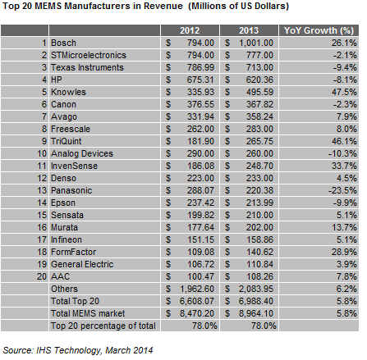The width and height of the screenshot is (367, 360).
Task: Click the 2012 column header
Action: pyautogui.click(x=190, y=30)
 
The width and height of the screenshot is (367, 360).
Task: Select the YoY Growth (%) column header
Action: pyautogui.click(x=319, y=30)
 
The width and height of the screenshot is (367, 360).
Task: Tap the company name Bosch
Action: pyautogui.click(x=63, y=43)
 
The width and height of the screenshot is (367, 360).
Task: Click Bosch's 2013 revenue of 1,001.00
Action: pyautogui.click(x=256, y=43)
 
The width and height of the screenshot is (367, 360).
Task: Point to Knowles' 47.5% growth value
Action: pyautogui.click(x=344, y=92)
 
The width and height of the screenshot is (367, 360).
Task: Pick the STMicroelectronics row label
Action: pyautogui.click(x=89, y=55)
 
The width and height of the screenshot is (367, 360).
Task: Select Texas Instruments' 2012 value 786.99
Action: pyautogui.click(x=200, y=67)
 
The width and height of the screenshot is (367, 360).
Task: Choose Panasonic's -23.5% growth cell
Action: pyautogui.click(x=342, y=190)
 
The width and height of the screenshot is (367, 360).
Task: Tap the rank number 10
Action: pyautogui.click(x=42, y=153)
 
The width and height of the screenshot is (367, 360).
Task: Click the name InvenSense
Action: pyautogui.click(x=74, y=166)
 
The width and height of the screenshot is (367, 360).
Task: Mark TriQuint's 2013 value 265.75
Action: pyautogui.click(x=259, y=141)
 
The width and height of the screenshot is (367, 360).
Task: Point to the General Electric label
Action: pyautogui.click(x=82, y=264)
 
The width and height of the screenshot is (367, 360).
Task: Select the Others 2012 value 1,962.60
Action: pyautogui.click(x=197, y=289)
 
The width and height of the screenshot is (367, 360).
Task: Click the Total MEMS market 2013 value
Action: pyautogui.click(x=256, y=313)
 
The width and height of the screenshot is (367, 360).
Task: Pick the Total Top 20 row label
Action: pyautogui.click(x=75, y=301)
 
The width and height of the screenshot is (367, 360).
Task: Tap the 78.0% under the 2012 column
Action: pyautogui.click(x=204, y=326)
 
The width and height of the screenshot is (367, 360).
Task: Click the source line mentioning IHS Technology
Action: pyautogui.click(x=78, y=350)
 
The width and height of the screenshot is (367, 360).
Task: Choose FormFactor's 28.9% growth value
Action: pyautogui.click(x=344, y=252)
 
